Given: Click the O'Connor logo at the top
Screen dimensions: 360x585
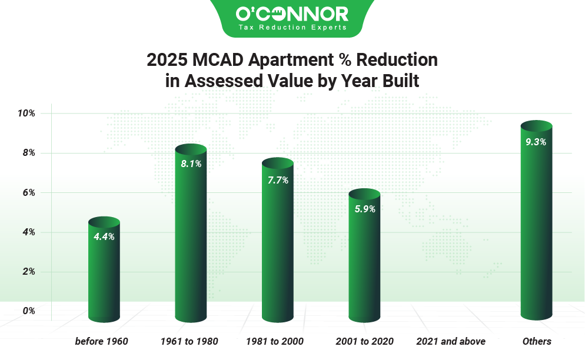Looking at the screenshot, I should tap(292, 13).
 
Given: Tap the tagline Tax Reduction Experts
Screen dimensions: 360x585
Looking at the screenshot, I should tap(292, 27).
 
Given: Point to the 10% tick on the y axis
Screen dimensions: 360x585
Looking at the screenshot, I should tap(26, 113).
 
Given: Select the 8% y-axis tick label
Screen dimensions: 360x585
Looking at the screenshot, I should tap(28, 153).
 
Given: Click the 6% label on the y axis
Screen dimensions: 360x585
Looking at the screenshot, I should tap(28, 192).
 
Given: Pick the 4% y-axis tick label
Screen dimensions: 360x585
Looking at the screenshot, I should tap(28, 232).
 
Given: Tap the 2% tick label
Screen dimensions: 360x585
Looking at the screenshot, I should tap(28, 272).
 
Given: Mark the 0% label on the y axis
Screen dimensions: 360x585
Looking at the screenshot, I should tap(28, 311).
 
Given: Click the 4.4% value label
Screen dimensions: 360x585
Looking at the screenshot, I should tap(104, 236).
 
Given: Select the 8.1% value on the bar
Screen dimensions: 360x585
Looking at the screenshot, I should tap(191, 164).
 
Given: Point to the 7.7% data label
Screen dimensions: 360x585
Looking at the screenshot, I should tap(278, 180).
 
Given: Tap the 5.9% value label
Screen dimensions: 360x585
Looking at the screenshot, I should tap(364, 208).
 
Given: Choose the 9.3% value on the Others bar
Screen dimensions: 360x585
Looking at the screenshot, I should tap(536, 141).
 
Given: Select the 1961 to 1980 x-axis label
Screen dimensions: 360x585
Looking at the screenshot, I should tap(189, 341).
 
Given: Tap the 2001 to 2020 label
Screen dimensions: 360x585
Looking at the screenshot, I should tap(364, 341).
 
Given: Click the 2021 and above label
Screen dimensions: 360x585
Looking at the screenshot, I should tap(451, 341).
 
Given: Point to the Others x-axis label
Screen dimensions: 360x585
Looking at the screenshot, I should tap(537, 341).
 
